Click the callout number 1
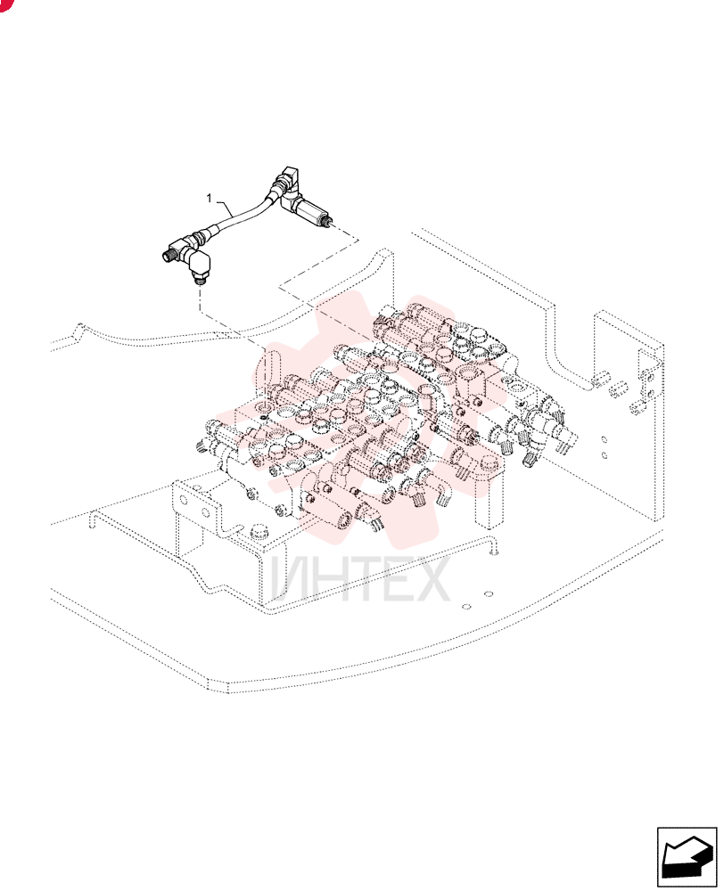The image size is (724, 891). [x=210, y=198]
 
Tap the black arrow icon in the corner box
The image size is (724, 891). [x=687, y=857]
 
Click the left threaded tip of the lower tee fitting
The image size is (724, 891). [x=169, y=252]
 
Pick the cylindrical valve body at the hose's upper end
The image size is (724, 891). [x=309, y=209]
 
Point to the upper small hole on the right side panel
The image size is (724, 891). [x=605, y=439]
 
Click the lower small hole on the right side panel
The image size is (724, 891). [x=605, y=455]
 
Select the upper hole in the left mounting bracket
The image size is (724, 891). [x=183, y=500]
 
